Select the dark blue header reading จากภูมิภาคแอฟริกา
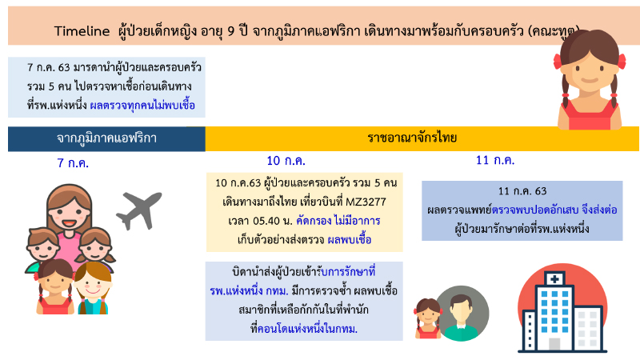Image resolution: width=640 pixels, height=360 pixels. (x=106, y=138)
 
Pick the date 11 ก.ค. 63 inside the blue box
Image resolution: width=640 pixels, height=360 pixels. (x=522, y=192)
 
